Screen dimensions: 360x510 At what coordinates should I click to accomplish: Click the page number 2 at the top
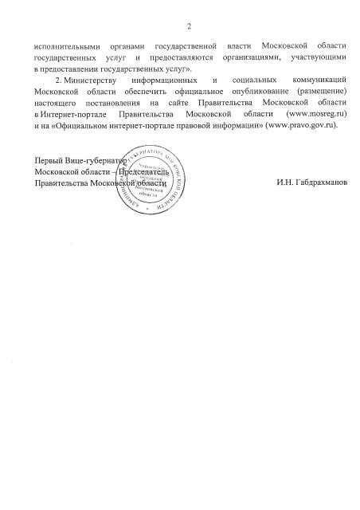(x=189, y=28)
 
